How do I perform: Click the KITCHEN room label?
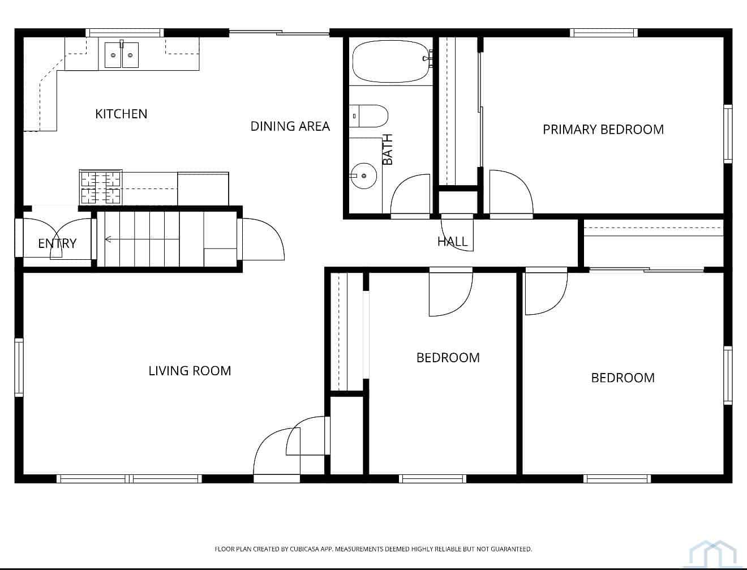(121, 114)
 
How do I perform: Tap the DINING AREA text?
(290, 126)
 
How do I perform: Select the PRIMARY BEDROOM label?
(603, 130)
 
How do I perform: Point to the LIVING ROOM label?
(190, 371)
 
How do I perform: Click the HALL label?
(452, 242)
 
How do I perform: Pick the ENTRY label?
(57, 243)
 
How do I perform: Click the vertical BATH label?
(388, 149)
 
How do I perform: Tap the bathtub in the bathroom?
(392, 61)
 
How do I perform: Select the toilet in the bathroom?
(368, 116)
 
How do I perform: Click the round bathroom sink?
(363, 175)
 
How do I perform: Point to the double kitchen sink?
(122, 55)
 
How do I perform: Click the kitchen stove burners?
(101, 187)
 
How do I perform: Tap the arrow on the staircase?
(142, 239)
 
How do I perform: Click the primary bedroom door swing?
(511, 192)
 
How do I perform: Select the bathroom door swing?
(410, 194)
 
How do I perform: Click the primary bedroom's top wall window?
(603, 33)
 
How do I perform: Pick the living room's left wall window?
(19, 367)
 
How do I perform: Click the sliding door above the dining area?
(279, 33)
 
